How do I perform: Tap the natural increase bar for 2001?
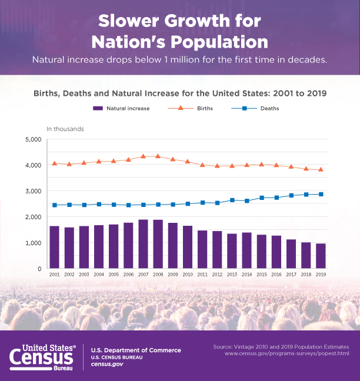[x=54, y=247]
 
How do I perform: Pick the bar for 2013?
[x=232, y=251]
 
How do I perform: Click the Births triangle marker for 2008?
[x=158, y=156]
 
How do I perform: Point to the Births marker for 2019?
[x=321, y=169]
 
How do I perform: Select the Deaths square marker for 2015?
[x=262, y=198]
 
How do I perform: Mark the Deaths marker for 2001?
[x=54, y=205]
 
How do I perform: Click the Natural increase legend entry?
[x=121, y=108]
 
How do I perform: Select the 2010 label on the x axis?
[x=188, y=275]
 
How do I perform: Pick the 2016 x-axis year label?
[x=276, y=275]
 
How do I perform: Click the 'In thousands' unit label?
[x=65, y=128]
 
